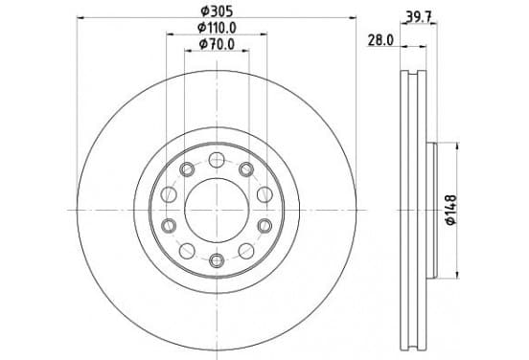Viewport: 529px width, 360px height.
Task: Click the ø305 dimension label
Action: (x=217, y=11)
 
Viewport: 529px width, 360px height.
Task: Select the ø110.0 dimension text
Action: (x=217, y=28)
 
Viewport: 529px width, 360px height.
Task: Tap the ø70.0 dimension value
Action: (x=217, y=44)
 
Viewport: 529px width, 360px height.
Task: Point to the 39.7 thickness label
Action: (x=419, y=16)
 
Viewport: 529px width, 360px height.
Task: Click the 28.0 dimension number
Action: (x=380, y=40)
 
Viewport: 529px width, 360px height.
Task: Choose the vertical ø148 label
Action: (x=451, y=210)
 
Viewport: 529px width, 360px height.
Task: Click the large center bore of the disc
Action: (x=217, y=210)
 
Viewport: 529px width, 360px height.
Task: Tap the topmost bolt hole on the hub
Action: (x=217, y=160)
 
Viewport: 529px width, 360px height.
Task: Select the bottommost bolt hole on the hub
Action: (x=217, y=260)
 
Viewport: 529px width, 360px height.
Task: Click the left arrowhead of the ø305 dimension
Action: (x=80, y=17)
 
